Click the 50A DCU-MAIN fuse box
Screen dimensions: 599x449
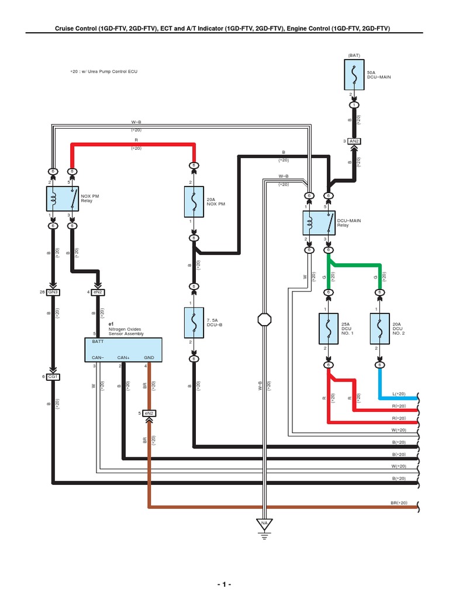[354, 75]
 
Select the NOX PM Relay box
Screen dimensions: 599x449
[63, 199]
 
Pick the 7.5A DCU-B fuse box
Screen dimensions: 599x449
[194, 322]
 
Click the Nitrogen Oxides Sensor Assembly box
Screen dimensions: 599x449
[123, 349]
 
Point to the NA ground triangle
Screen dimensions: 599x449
[264, 522]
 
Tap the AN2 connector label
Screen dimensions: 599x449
[354, 141]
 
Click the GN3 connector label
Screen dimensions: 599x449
[53, 291]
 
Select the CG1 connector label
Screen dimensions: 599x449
[53, 376]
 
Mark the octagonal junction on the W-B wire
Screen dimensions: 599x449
[264, 319]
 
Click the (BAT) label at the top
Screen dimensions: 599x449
[354, 55]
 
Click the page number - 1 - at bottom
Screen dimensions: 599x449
[224, 584]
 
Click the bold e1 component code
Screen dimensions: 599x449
[111, 323]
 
